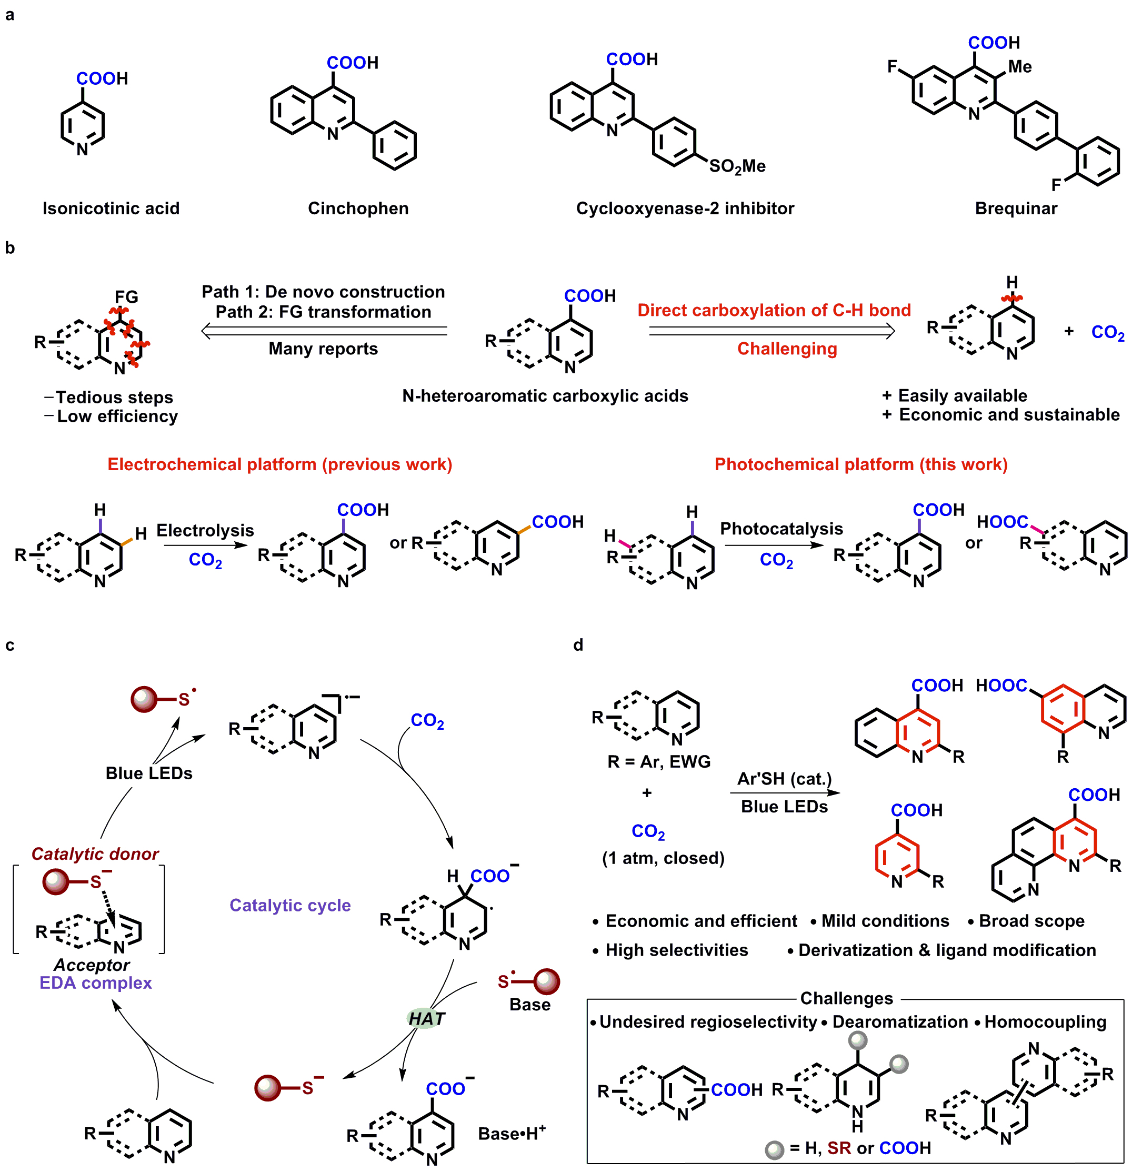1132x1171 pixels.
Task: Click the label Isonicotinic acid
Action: (111, 209)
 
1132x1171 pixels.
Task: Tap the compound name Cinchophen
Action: (358, 209)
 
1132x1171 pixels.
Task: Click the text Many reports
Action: (323, 349)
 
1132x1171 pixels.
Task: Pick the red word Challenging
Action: (786, 349)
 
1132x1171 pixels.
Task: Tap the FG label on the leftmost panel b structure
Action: (126, 297)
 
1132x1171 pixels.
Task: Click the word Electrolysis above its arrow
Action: (205, 531)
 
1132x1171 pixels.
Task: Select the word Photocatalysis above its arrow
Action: (781, 529)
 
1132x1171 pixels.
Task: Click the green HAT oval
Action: (426, 1019)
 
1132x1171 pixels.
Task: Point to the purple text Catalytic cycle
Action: (290, 905)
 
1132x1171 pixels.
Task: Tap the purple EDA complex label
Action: (96, 983)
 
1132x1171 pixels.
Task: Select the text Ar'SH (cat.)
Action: (784, 779)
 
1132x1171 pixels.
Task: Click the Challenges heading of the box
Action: (846, 998)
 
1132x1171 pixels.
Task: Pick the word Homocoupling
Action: (1045, 1021)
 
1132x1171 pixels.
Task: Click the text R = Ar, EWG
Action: (658, 762)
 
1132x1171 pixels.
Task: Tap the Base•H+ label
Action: (512, 1134)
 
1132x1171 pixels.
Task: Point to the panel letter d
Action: (577, 645)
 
